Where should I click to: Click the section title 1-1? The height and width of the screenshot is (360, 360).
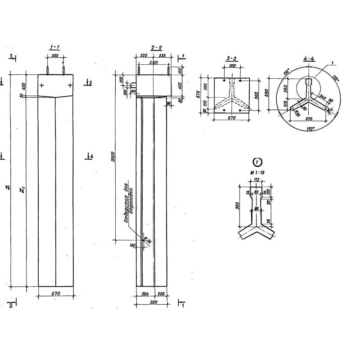55,47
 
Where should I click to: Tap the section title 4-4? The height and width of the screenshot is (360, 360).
309,59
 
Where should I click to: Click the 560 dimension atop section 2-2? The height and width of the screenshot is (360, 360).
153,63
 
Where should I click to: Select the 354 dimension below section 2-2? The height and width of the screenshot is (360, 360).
144,294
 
